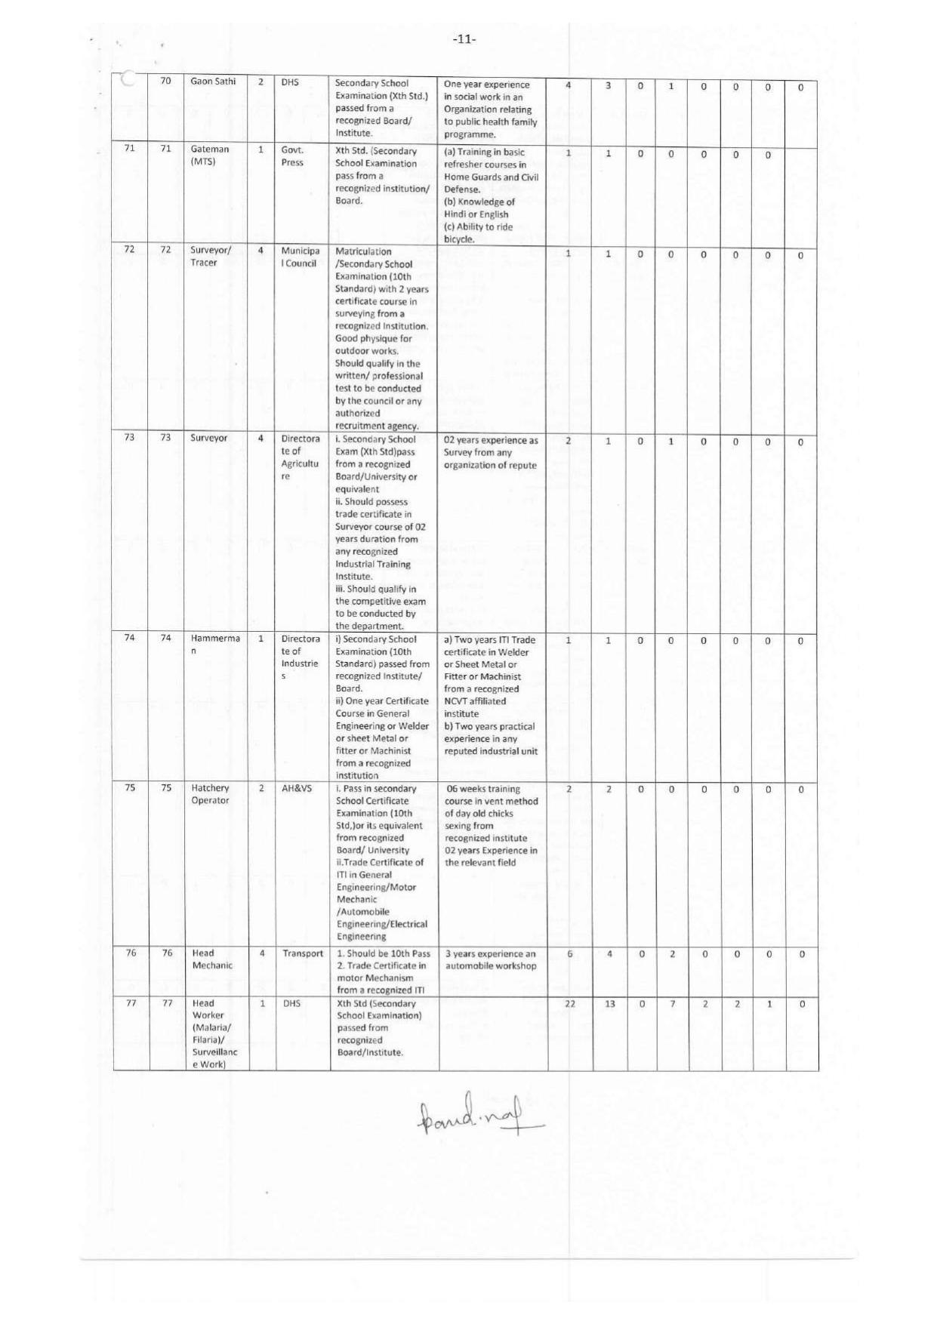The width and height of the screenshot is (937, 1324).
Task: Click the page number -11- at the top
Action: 464,39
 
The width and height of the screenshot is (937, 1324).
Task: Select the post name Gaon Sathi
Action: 213,82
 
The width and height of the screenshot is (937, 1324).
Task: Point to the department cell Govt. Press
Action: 292,156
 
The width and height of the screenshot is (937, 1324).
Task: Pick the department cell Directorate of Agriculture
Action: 301,457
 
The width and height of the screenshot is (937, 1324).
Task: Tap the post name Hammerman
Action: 214,644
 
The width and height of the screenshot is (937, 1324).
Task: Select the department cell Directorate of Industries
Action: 300,657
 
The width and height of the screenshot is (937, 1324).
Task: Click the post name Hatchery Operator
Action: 210,794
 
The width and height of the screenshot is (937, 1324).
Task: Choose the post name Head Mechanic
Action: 212,959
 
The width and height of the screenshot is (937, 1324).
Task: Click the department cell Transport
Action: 303,953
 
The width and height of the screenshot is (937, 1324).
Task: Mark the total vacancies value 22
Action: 569,1004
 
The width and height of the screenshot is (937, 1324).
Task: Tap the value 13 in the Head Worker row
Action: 609,1004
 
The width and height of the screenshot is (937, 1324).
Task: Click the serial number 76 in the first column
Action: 131,953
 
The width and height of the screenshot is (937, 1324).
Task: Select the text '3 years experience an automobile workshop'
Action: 491,959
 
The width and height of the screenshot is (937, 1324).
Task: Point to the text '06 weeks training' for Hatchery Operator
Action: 483,789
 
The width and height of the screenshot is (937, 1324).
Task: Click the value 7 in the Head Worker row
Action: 672,1004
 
